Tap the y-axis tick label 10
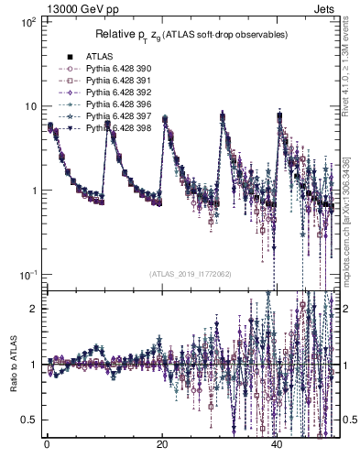click(29, 106)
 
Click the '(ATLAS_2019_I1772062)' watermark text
click(190, 273)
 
